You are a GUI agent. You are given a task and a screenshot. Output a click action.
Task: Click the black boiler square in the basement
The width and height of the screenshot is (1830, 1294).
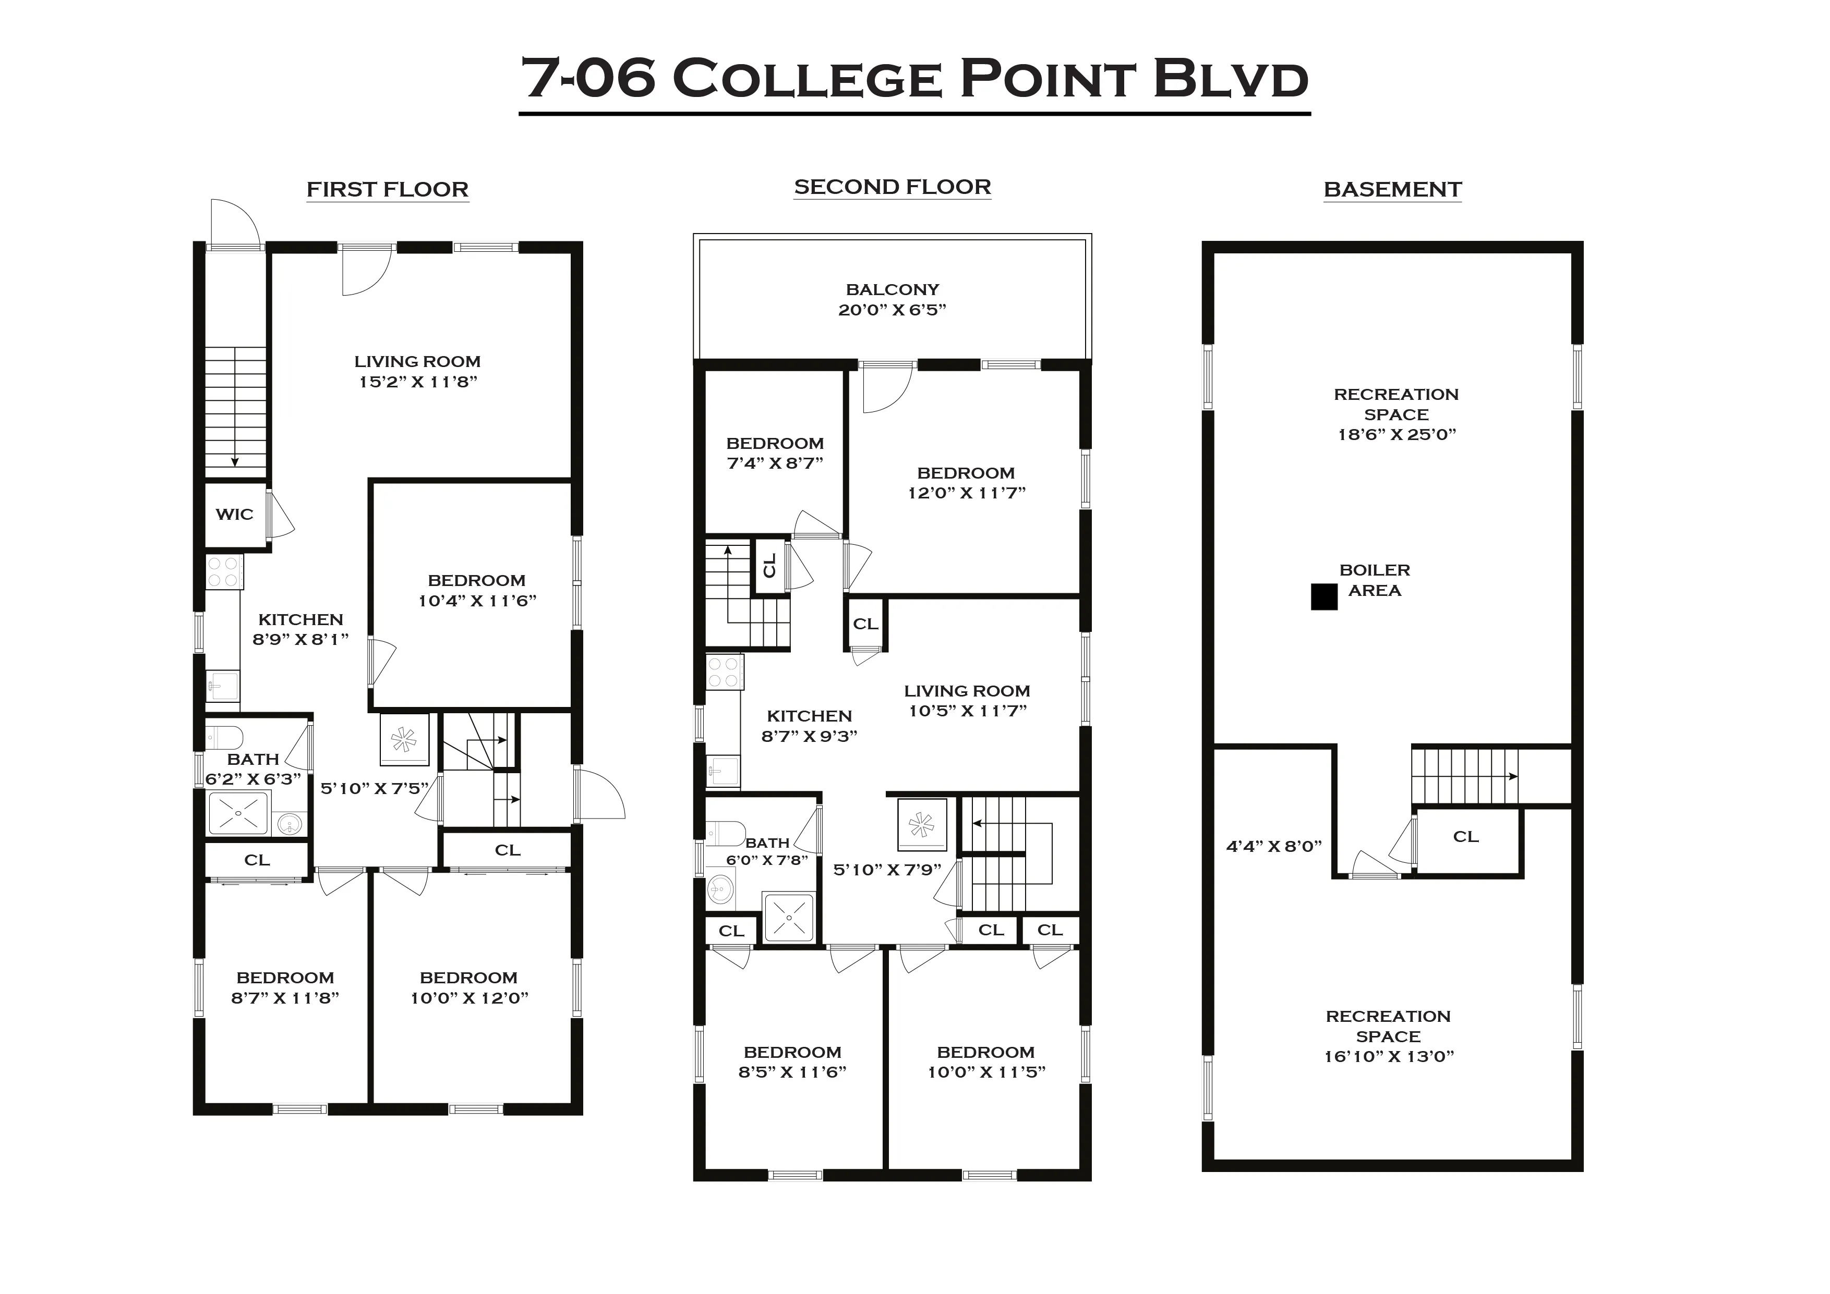(1324, 597)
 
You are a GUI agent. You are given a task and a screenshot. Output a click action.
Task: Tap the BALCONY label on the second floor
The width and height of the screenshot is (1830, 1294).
(892, 289)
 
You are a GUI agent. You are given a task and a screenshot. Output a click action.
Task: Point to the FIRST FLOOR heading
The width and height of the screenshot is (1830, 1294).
(388, 190)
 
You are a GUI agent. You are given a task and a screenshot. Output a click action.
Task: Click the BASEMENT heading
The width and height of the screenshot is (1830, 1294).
(1392, 190)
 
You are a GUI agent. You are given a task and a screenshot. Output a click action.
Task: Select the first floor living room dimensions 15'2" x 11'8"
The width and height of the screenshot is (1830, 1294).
(418, 382)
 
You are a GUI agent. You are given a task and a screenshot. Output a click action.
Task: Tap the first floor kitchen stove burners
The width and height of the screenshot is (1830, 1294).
(224, 572)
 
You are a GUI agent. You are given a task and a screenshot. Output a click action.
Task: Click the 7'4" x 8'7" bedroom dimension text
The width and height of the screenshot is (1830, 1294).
(775, 463)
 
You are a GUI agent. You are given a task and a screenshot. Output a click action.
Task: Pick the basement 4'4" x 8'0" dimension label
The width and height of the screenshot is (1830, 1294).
(1274, 846)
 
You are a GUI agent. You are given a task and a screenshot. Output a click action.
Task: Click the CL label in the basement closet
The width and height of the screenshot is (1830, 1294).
(1466, 837)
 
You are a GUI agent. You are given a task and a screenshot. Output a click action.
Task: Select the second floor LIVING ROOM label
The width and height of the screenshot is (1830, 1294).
(967, 691)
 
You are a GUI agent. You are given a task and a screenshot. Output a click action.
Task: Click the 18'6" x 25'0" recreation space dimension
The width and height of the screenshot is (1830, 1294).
(1396, 434)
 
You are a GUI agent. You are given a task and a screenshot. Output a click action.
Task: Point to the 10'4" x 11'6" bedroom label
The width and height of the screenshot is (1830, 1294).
(477, 590)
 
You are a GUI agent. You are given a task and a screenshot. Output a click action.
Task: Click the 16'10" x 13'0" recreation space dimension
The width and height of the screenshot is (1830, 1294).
(1389, 1057)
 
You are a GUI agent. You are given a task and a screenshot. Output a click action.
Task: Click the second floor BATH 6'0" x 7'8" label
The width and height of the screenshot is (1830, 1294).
(767, 851)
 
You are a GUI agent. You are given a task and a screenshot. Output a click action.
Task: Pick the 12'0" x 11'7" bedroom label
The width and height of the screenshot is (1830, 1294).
(966, 483)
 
